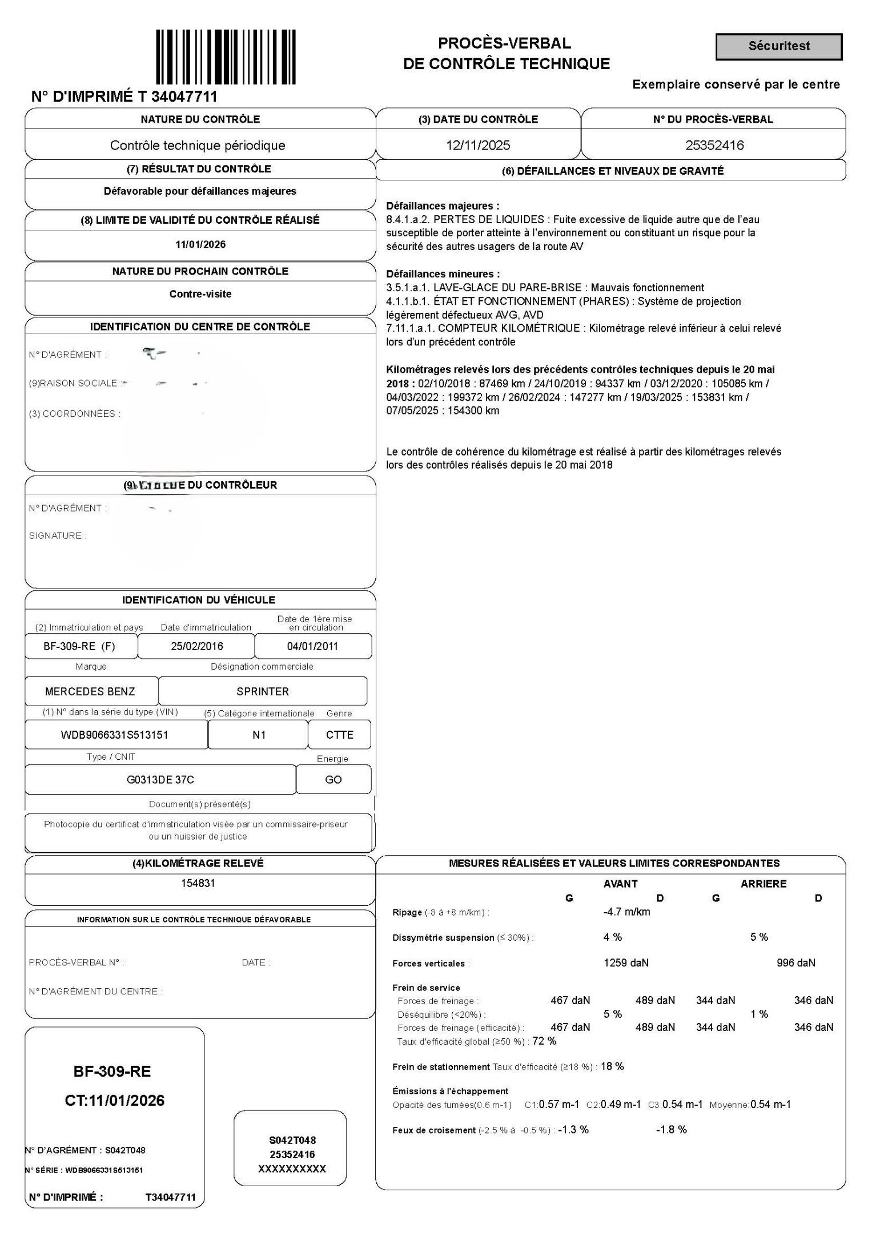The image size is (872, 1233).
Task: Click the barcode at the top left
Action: coord(226,57)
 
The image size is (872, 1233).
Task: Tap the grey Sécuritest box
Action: coord(778,46)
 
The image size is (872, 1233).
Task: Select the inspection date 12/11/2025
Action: coord(478,145)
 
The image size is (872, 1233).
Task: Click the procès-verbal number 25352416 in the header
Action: coord(714,145)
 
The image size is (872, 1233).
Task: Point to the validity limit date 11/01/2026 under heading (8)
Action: coord(200,244)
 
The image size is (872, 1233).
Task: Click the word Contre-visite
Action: coord(200,294)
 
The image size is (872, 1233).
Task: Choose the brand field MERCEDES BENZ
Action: coord(90,691)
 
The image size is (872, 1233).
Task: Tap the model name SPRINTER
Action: coord(263,691)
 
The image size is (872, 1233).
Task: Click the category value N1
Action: coord(259,735)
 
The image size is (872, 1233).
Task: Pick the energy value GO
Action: coord(333,779)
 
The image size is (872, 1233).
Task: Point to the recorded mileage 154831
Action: coord(198,883)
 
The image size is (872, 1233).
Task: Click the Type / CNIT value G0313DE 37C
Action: coord(160,779)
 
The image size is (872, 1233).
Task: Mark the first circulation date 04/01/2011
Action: coord(312,646)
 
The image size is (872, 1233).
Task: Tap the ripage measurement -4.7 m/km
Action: coord(626,912)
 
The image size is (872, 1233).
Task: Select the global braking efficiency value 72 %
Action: coord(544,1041)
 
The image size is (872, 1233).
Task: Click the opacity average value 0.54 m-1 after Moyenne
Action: coord(770,1104)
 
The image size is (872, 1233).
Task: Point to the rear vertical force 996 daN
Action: coord(795,963)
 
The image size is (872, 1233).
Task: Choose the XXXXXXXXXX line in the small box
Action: coord(292,1169)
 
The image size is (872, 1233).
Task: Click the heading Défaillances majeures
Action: coord(443,206)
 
